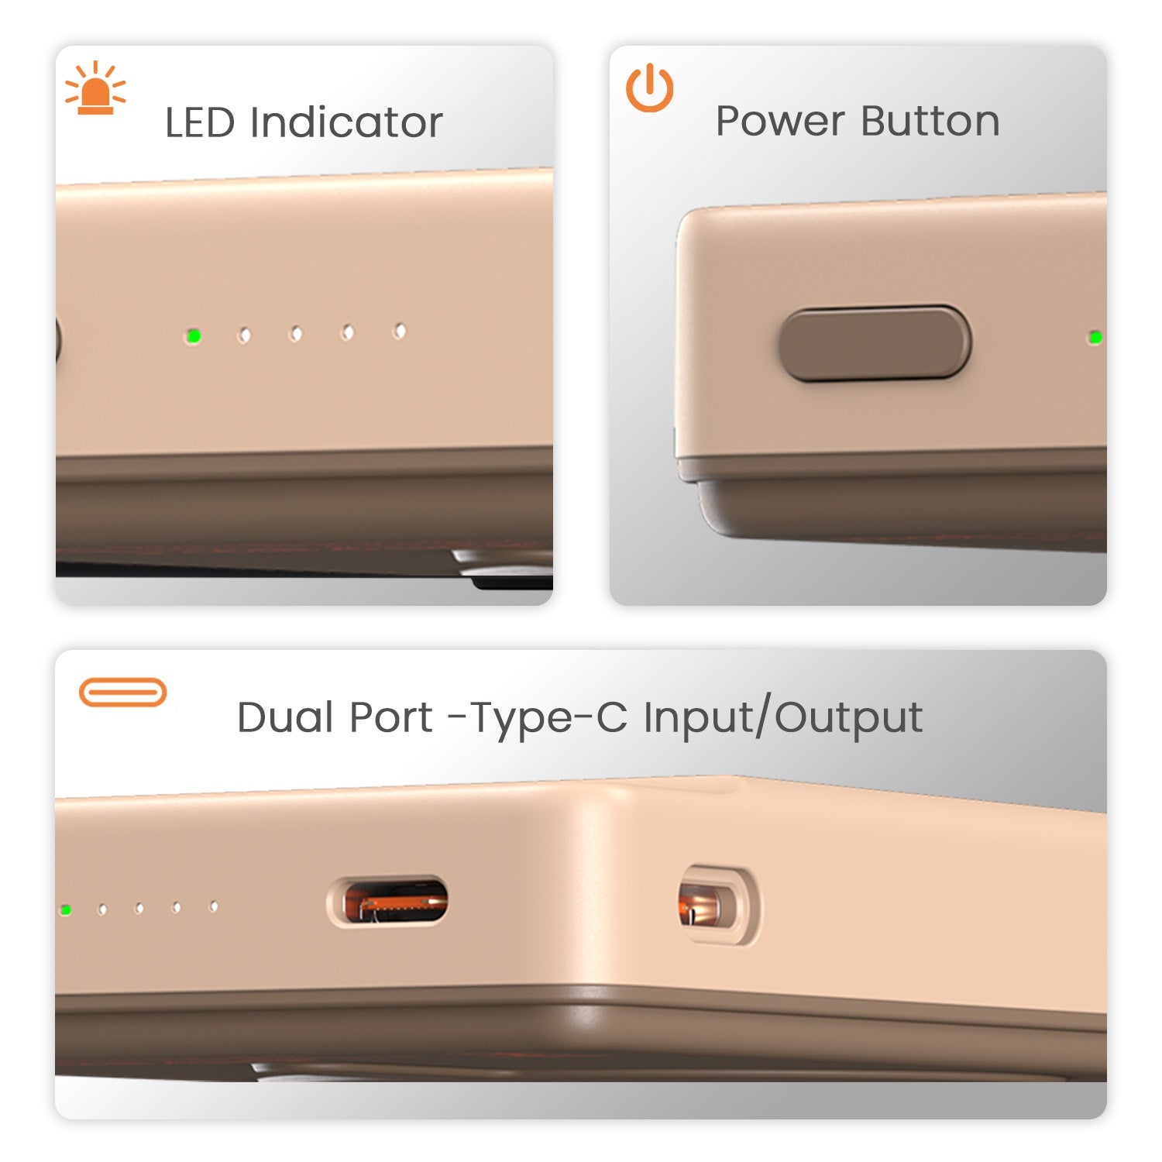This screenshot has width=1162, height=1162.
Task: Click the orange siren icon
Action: (x=95, y=88)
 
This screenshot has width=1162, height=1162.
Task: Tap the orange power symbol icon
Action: (x=649, y=88)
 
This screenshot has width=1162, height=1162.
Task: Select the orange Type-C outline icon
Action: (x=123, y=692)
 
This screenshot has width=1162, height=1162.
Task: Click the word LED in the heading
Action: (x=200, y=122)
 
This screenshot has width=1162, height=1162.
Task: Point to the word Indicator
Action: (x=346, y=122)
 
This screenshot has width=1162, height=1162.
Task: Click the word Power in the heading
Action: (x=780, y=121)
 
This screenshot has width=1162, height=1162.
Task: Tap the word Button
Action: (x=930, y=121)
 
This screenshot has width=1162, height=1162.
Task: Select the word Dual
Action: (x=284, y=717)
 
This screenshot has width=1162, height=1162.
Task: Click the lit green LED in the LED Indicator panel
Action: (x=193, y=336)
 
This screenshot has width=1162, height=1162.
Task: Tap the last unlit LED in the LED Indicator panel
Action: (x=400, y=332)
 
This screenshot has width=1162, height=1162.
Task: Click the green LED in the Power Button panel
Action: (x=1095, y=337)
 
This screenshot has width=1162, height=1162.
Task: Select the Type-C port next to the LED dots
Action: (x=387, y=902)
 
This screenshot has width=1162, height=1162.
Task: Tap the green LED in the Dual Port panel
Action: (x=66, y=909)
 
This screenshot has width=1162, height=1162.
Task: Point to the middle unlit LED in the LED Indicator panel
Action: (x=296, y=334)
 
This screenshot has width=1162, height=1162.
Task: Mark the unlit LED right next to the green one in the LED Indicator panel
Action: (x=244, y=335)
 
